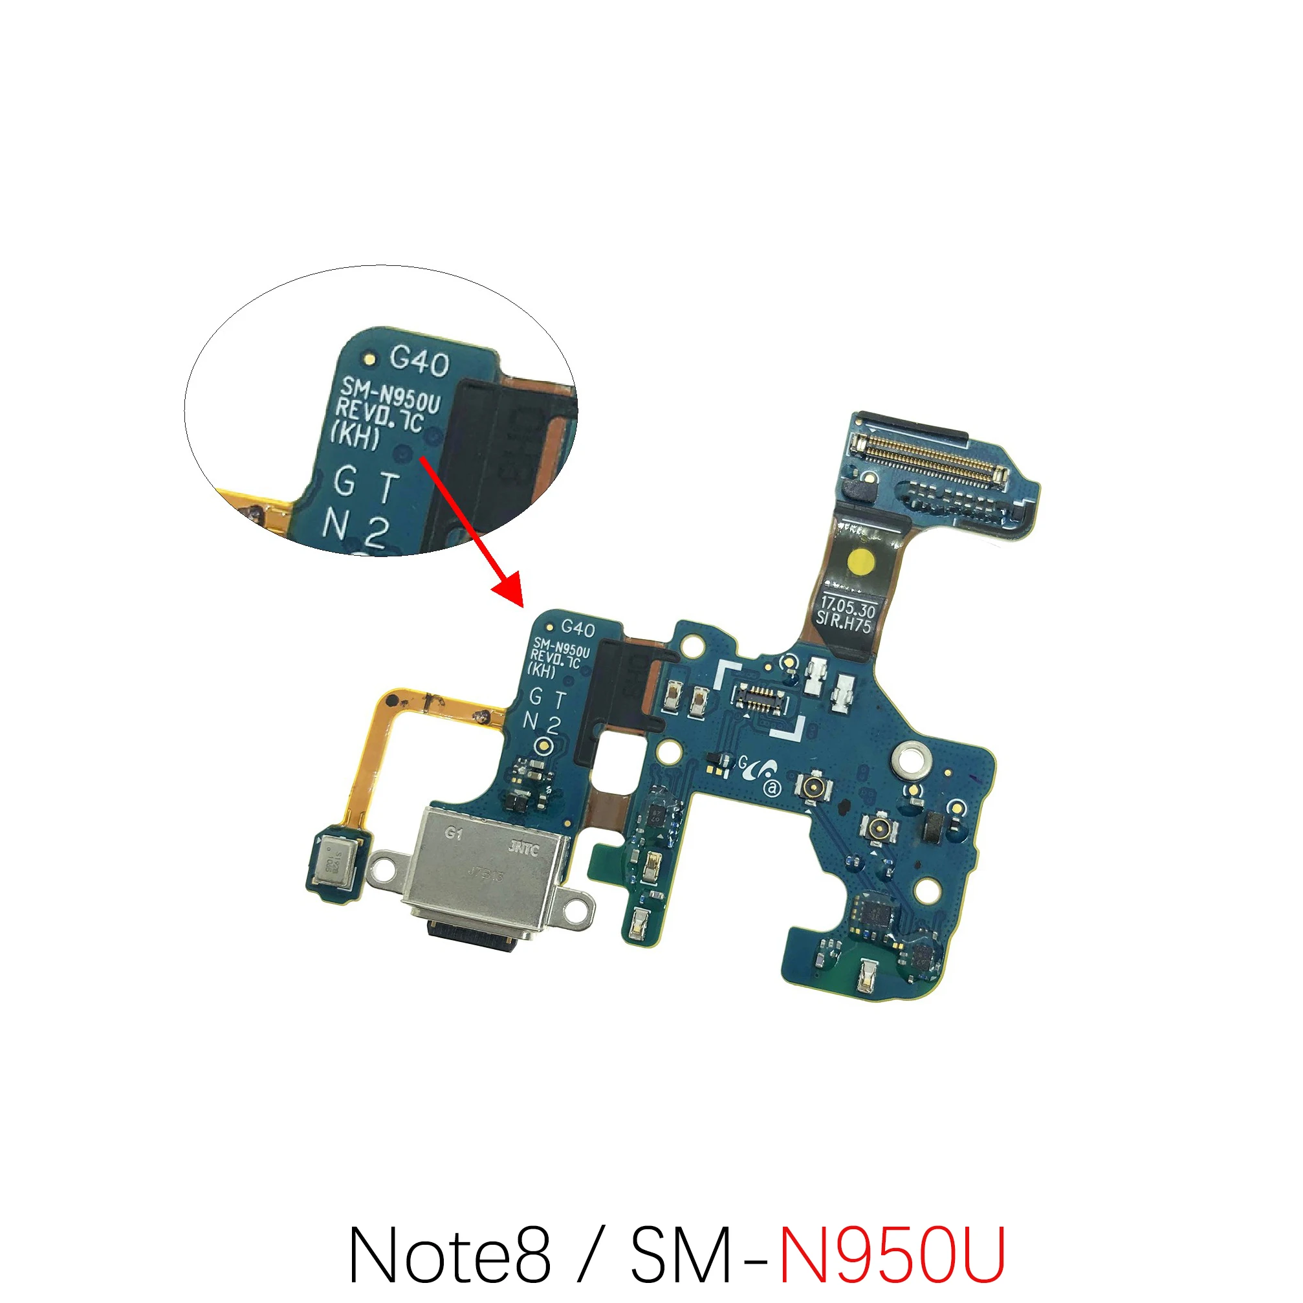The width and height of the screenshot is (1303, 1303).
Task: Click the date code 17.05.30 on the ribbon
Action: [848, 606]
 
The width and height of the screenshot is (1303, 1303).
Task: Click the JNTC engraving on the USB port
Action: [523, 848]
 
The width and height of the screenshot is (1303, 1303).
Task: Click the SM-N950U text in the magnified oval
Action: [390, 395]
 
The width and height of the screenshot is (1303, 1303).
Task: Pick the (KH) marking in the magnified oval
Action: [355, 435]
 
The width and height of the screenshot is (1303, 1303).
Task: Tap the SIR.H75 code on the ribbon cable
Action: [843, 622]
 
